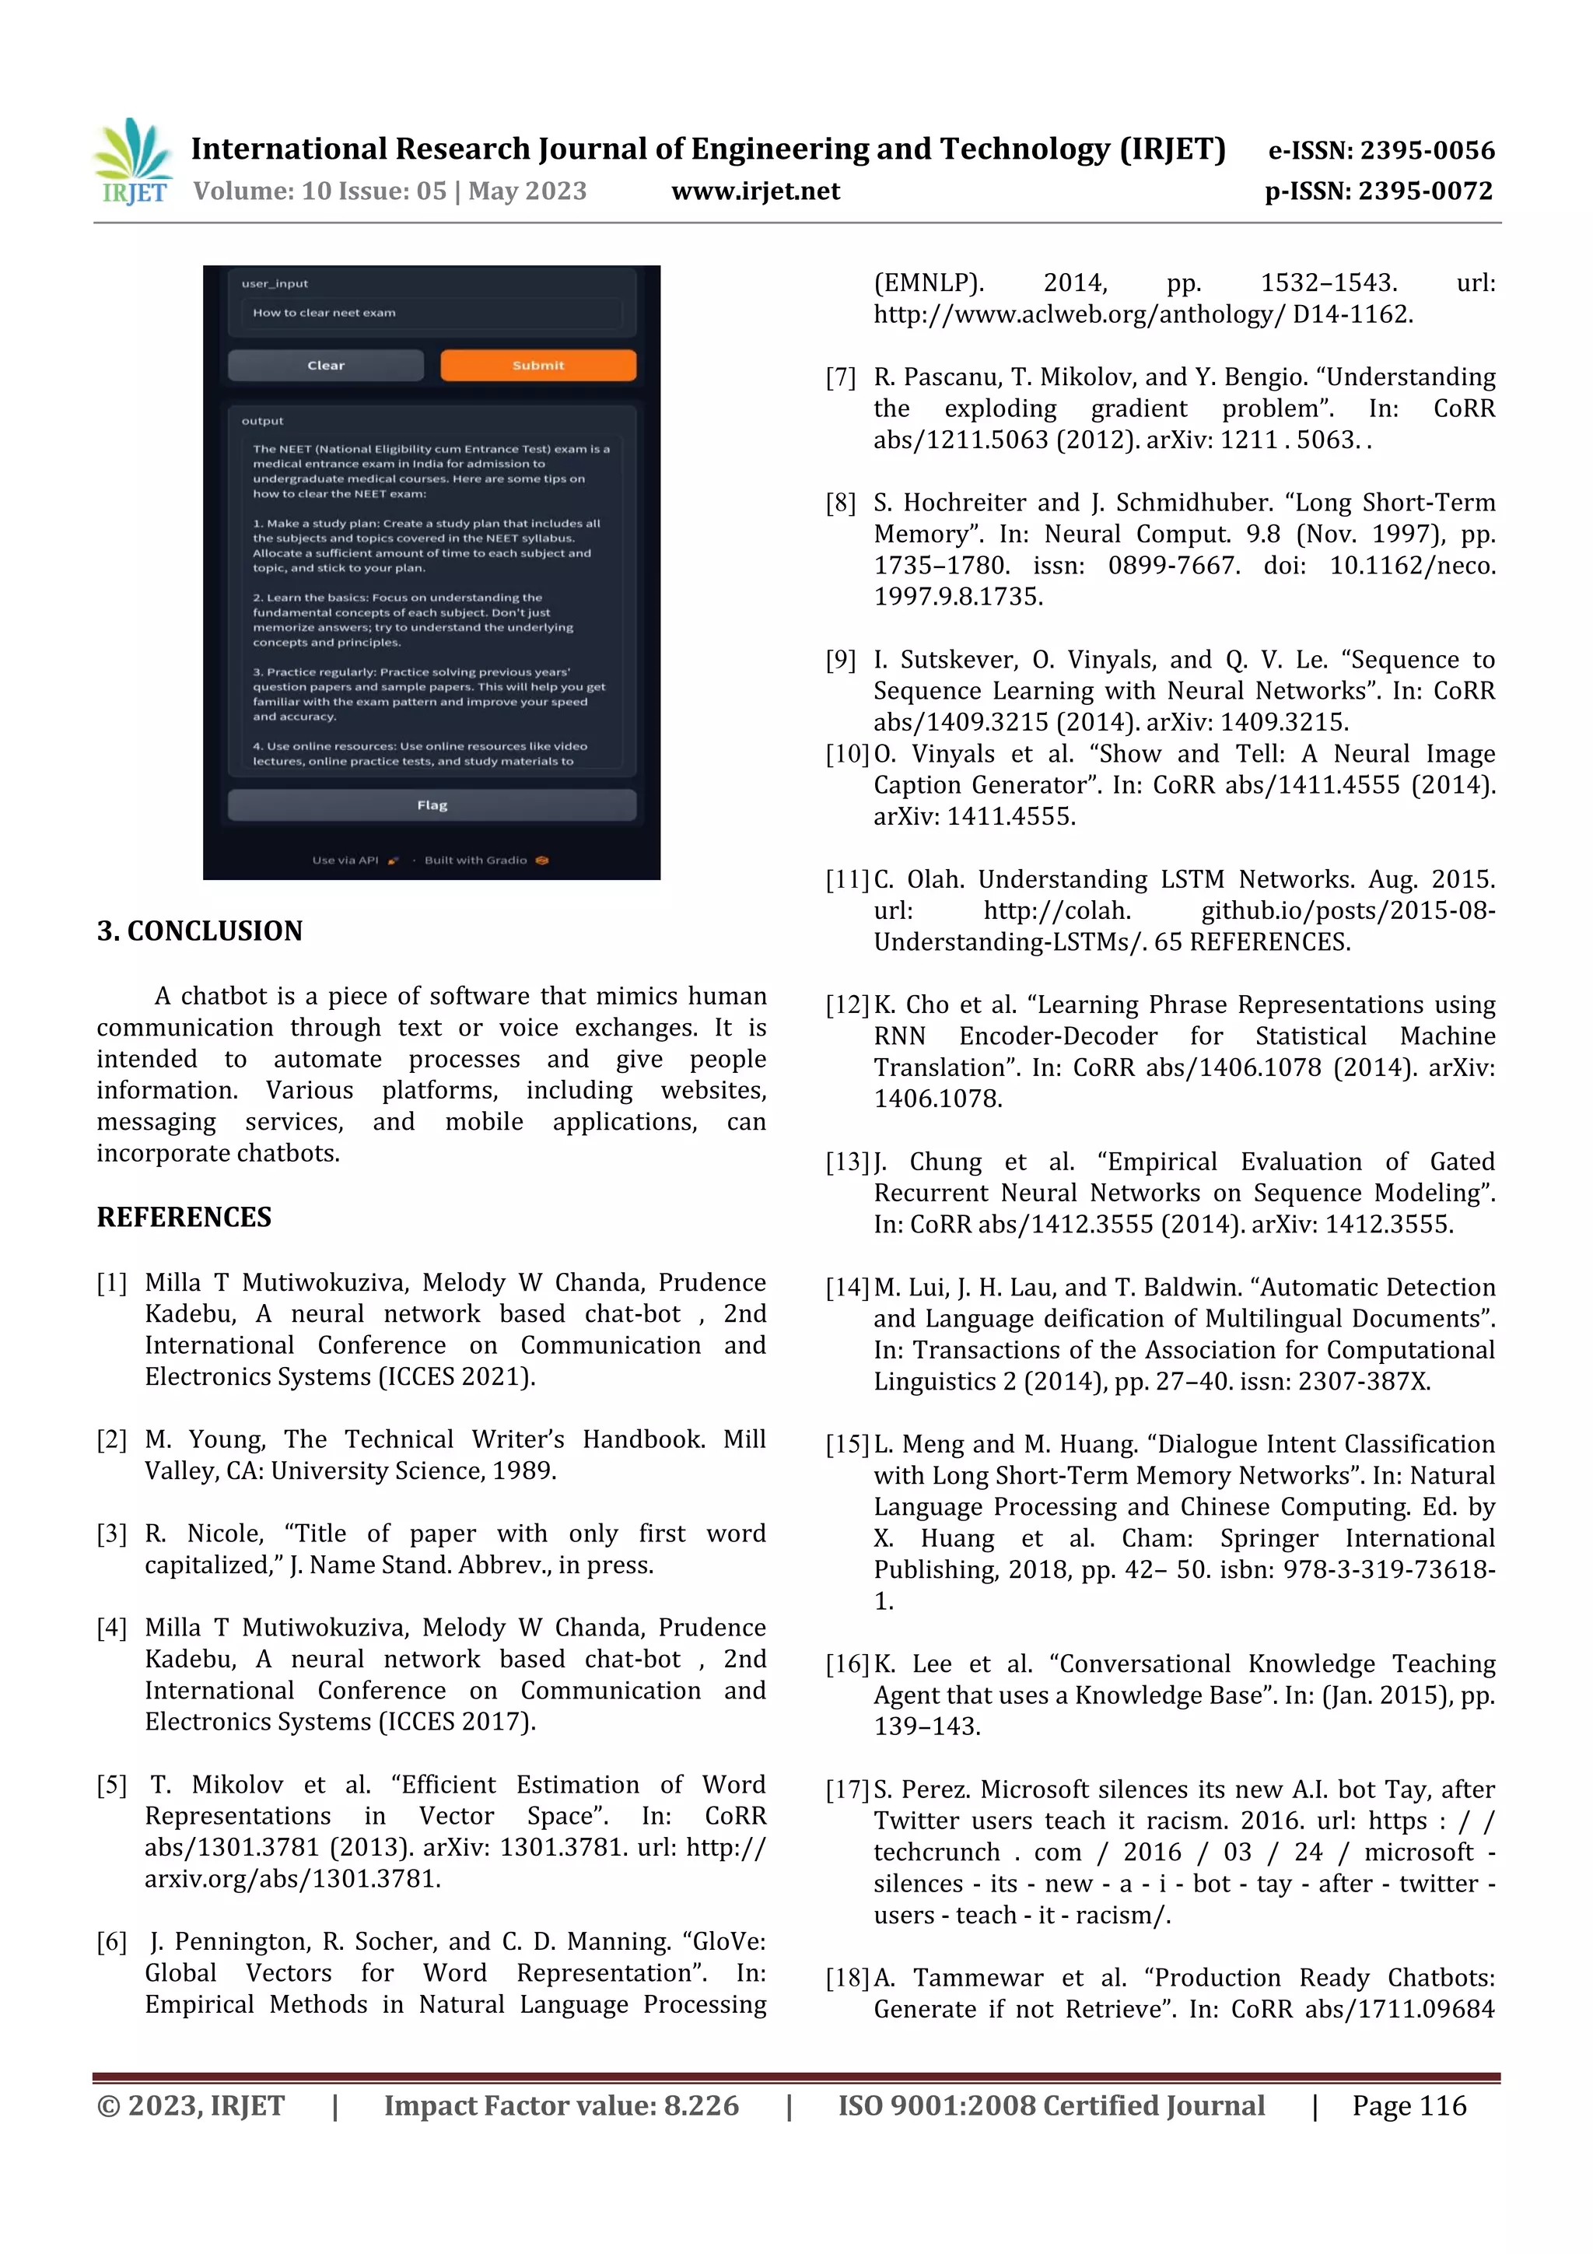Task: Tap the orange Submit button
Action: tap(537, 365)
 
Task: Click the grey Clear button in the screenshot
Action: tap(326, 365)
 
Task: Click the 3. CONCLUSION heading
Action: tap(199, 931)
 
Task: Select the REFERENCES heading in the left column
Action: tap(184, 1218)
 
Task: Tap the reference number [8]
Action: tap(841, 503)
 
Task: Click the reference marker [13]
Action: tap(847, 1163)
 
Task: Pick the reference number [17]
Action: tap(847, 1790)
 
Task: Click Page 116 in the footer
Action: tap(1409, 2105)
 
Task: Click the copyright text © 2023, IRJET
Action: tap(191, 2105)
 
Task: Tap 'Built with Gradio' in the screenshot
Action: tap(476, 860)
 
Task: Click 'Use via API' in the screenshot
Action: tap(345, 860)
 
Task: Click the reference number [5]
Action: tap(112, 1786)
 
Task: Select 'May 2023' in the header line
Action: tap(527, 191)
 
